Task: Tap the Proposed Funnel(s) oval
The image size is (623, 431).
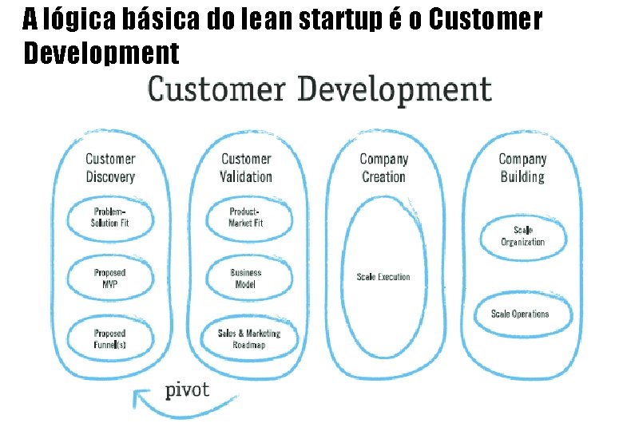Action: [110, 338]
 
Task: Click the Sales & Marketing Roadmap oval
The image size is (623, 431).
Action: [248, 338]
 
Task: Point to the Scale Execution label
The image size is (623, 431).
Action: [383, 277]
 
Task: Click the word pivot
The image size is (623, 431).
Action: [187, 390]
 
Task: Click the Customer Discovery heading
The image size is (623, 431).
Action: [110, 168]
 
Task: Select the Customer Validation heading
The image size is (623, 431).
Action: [246, 168]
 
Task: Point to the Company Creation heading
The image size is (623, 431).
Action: [384, 168]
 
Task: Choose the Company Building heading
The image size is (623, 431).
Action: [522, 168]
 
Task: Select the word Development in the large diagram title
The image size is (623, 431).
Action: [395, 89]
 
